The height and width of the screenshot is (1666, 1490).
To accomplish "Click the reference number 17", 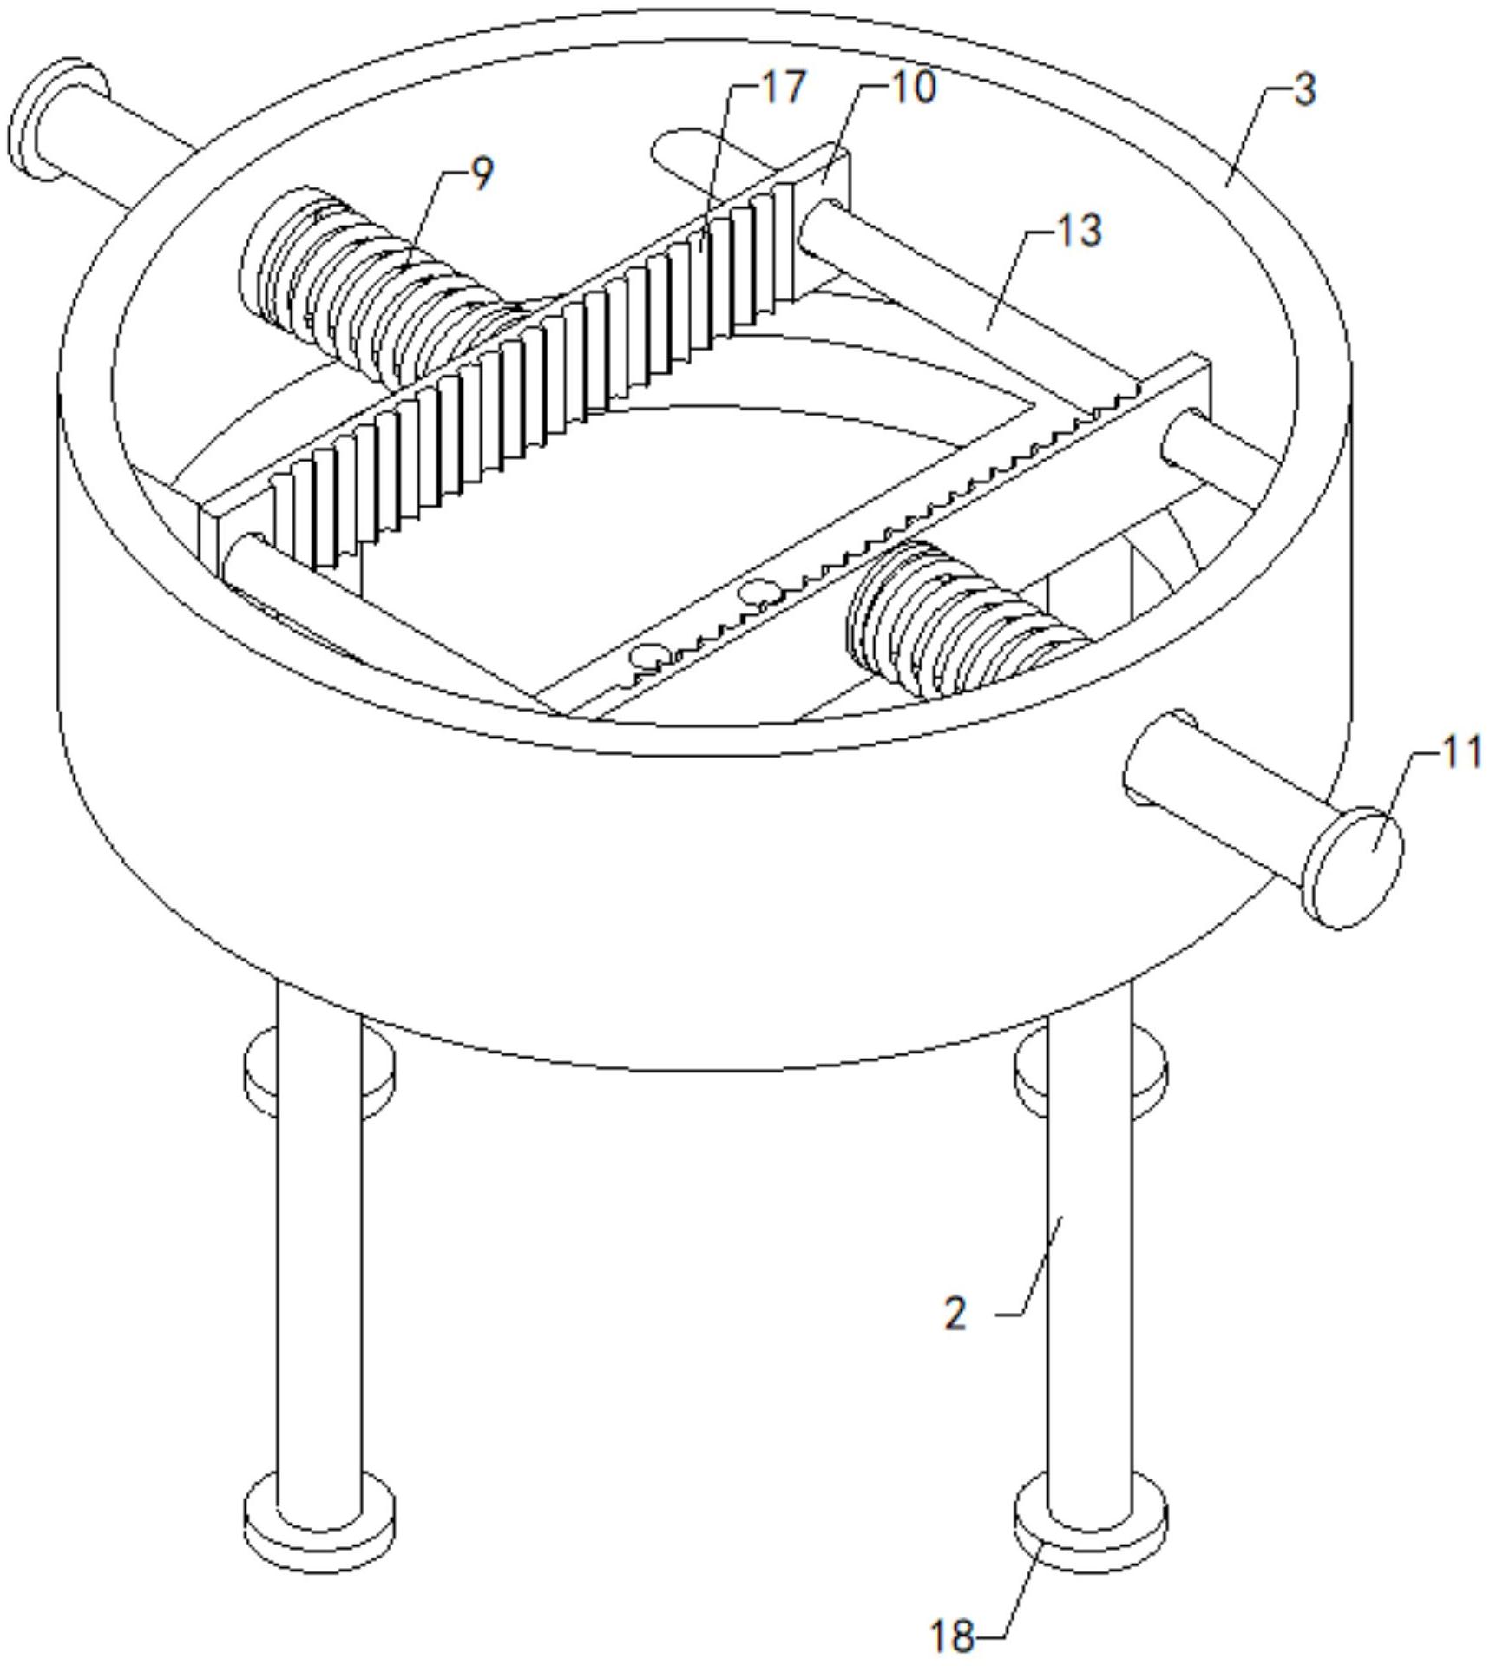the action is click(783, 87).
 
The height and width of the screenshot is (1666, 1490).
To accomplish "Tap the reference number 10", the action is click(913, 88).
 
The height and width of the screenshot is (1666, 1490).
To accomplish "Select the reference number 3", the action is click(1304, 89).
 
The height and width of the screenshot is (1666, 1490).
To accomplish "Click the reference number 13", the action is click(1079, 231).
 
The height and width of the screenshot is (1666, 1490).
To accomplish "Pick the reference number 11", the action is click(1460, 751).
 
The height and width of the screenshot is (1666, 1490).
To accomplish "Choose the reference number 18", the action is click(952, 1636).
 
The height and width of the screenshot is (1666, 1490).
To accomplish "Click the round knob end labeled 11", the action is click(1357, 868).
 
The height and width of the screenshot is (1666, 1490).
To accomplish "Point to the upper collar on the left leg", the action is click(319, 1074).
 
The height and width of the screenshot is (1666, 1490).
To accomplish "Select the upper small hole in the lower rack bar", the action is click(758, 594).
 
